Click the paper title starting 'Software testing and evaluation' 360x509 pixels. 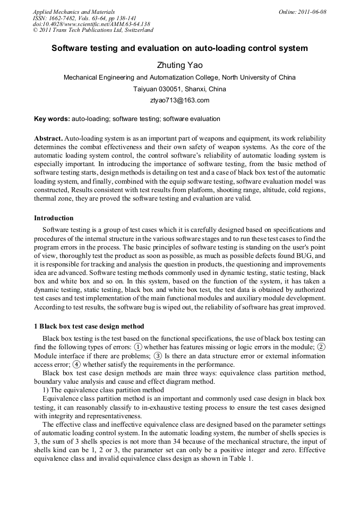tap(179, 48)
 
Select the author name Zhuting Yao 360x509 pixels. tap(179, 65)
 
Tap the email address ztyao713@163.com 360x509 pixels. tap(179, 100)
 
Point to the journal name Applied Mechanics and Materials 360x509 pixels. tap(74, 12)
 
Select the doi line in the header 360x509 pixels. tap(91, 24)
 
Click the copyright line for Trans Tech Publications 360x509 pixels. tap(93, 30)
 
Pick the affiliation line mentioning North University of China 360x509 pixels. tap(179, 77)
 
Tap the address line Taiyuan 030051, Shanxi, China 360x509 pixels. tap(179, 89)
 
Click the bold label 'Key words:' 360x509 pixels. tap(52, 119)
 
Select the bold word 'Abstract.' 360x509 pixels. tap(48, 137)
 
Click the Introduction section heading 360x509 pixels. tap(54, 218)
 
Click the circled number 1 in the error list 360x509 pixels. tap(138, 347)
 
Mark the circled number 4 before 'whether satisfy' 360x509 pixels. tap(77, 365)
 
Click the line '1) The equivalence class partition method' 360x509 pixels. tap(103, 390)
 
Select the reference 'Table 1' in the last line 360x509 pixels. tap(241, 459)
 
